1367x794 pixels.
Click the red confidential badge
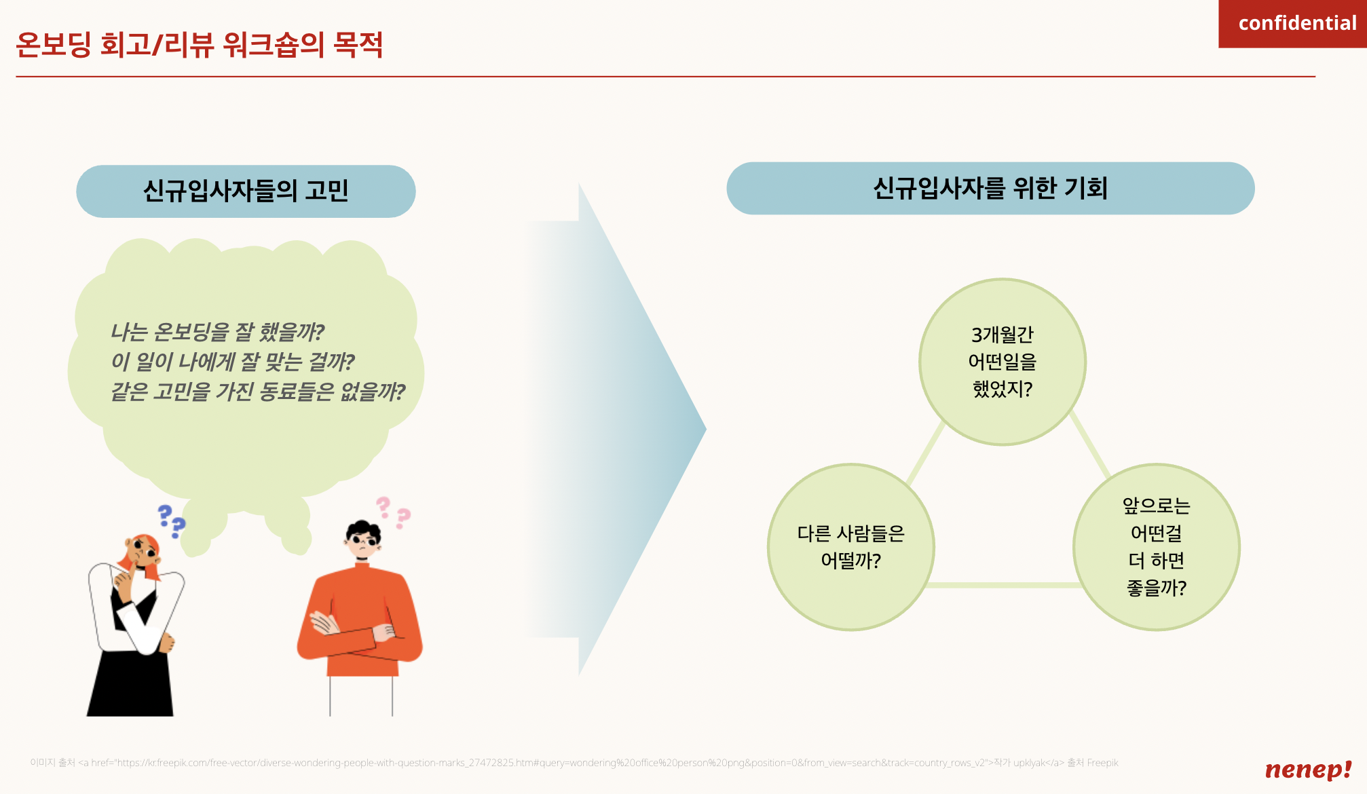pyautogui.click(x=1292, y=24)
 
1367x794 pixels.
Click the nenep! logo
pyautogui.click(x=1308, y=769)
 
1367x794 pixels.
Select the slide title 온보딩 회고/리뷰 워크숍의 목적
pyautogui.click(x=199, y=45)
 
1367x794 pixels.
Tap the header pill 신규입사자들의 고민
pyautogui.click(x=246, y=191)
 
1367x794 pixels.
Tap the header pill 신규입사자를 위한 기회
pyautogui.click(x=990, y=188)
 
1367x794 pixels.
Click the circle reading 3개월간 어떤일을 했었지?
pyautogui.click(x=1002, y=362)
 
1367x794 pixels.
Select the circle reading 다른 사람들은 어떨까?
pyautogui.click(x=850, y=547)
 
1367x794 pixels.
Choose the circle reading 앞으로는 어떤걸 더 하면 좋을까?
pyautogui.click(x=1156, y=547)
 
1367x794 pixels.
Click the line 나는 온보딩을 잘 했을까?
pyautogui.click(x=217, y=332)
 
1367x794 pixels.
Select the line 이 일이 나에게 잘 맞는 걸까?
pyautogui.click(x=232, y=362)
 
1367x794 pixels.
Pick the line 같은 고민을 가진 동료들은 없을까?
pyautogui.click(x=257, y=392)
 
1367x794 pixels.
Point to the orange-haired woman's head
pyautogui.click(x=142, y=551)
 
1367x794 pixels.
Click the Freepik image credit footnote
pyautogui.click(x=574, y=763)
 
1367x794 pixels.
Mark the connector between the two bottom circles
pyautogui.click(x=1003, y=585)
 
